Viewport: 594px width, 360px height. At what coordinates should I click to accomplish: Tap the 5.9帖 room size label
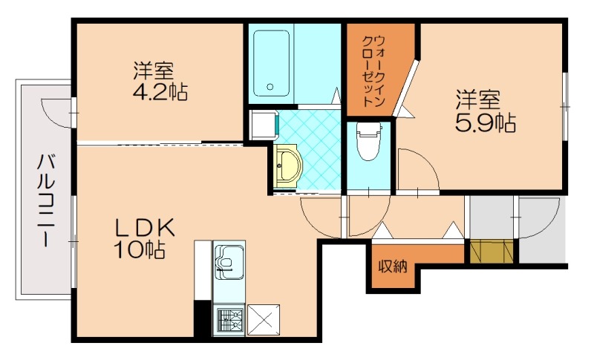[x=486, y=122]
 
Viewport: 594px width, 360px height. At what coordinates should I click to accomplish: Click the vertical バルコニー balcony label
[x=45, y=199]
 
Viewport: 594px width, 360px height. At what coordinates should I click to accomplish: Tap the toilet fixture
[x=368, y=144]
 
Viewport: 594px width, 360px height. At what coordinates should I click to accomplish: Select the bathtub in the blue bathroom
[x=270, y=63]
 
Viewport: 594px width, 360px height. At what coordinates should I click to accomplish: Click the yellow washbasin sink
[x=287, y=166]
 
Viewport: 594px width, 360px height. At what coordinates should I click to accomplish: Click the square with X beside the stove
[x=264, y=320]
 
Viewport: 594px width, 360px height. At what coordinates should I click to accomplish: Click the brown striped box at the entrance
[x=491, y=251]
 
